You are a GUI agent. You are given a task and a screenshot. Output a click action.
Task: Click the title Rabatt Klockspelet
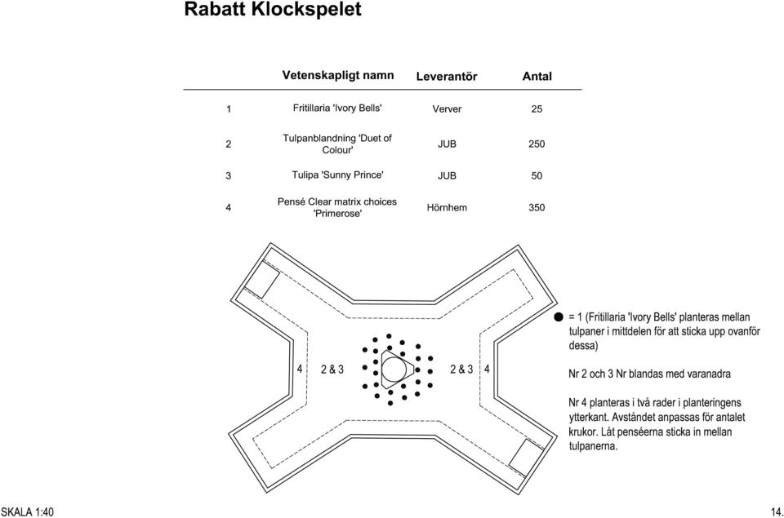pyautogui.click(x=273, y=9)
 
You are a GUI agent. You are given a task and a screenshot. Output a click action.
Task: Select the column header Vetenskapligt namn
pyautogui.click(x=338, y=75)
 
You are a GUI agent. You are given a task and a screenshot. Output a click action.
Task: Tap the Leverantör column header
pyautogui.click(x=447, y=77)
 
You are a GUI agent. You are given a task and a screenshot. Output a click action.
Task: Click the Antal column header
pyautogui.click(x=537, y=77)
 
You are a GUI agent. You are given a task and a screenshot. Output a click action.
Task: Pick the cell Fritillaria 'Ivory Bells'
pyautogui.click(x=337, y=108)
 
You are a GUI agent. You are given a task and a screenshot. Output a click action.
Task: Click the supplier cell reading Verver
pyautogui.click(x=447, y=108)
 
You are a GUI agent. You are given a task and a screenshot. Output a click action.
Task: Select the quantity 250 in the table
pyautogui.click(x=537, y=144)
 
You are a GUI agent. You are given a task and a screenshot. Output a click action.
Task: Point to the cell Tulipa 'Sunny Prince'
pyautogui.click(x=337, y=175)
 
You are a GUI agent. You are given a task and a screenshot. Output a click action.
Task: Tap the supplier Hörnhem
pyautogui.click(x=447, y=207)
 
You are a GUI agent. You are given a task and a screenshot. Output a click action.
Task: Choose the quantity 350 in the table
pyautogui.click(x=537, y=207)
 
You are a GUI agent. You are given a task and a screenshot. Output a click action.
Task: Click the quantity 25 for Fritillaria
pyautogui.click(x=537, y=108)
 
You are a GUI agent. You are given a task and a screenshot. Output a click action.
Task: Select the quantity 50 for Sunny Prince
pyautogui.click(x=537, y=176)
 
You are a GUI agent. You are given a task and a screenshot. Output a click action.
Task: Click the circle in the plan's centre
pyautogui.click(x=394, y=357)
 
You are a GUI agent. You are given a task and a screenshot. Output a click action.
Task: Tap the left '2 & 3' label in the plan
pyautogui.click(x=332, y=370)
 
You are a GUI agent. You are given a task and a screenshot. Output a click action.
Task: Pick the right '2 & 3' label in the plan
pyautogui.click(x=461, y=370)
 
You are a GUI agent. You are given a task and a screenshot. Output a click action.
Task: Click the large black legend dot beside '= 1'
pyautogui.click(x=559, y=317)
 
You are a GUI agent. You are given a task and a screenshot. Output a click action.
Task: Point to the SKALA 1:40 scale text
pyautogui.click(x=27, y=512)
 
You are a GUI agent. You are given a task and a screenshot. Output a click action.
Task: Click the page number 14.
pyautogui.click(x=777, y=512)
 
